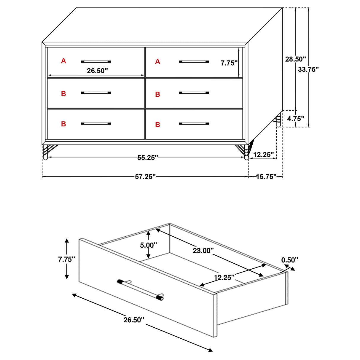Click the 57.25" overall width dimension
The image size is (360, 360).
[145, 177]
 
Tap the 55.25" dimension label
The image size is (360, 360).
[147, 158]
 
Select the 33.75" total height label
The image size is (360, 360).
[308, 69]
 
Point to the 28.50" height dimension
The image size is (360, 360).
[295, 59]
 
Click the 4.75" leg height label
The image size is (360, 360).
[296, 119]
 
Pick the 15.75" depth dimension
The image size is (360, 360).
[266, 177]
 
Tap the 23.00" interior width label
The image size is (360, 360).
[203, 251]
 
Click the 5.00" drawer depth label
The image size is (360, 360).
[149, 245]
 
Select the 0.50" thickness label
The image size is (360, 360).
[289, 260]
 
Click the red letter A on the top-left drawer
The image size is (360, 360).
[63, 61]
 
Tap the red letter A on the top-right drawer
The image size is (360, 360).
[157, 62]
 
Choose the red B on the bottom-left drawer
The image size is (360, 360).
[63, 124]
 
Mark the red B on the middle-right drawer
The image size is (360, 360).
[157, 95]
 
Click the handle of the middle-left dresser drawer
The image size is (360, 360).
[96, 93]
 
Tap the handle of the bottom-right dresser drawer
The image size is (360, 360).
[194, 124]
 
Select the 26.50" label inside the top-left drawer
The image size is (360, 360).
[97, 71]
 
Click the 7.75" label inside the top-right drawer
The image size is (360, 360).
[229, 63]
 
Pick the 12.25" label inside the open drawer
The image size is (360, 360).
[224, 277]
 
